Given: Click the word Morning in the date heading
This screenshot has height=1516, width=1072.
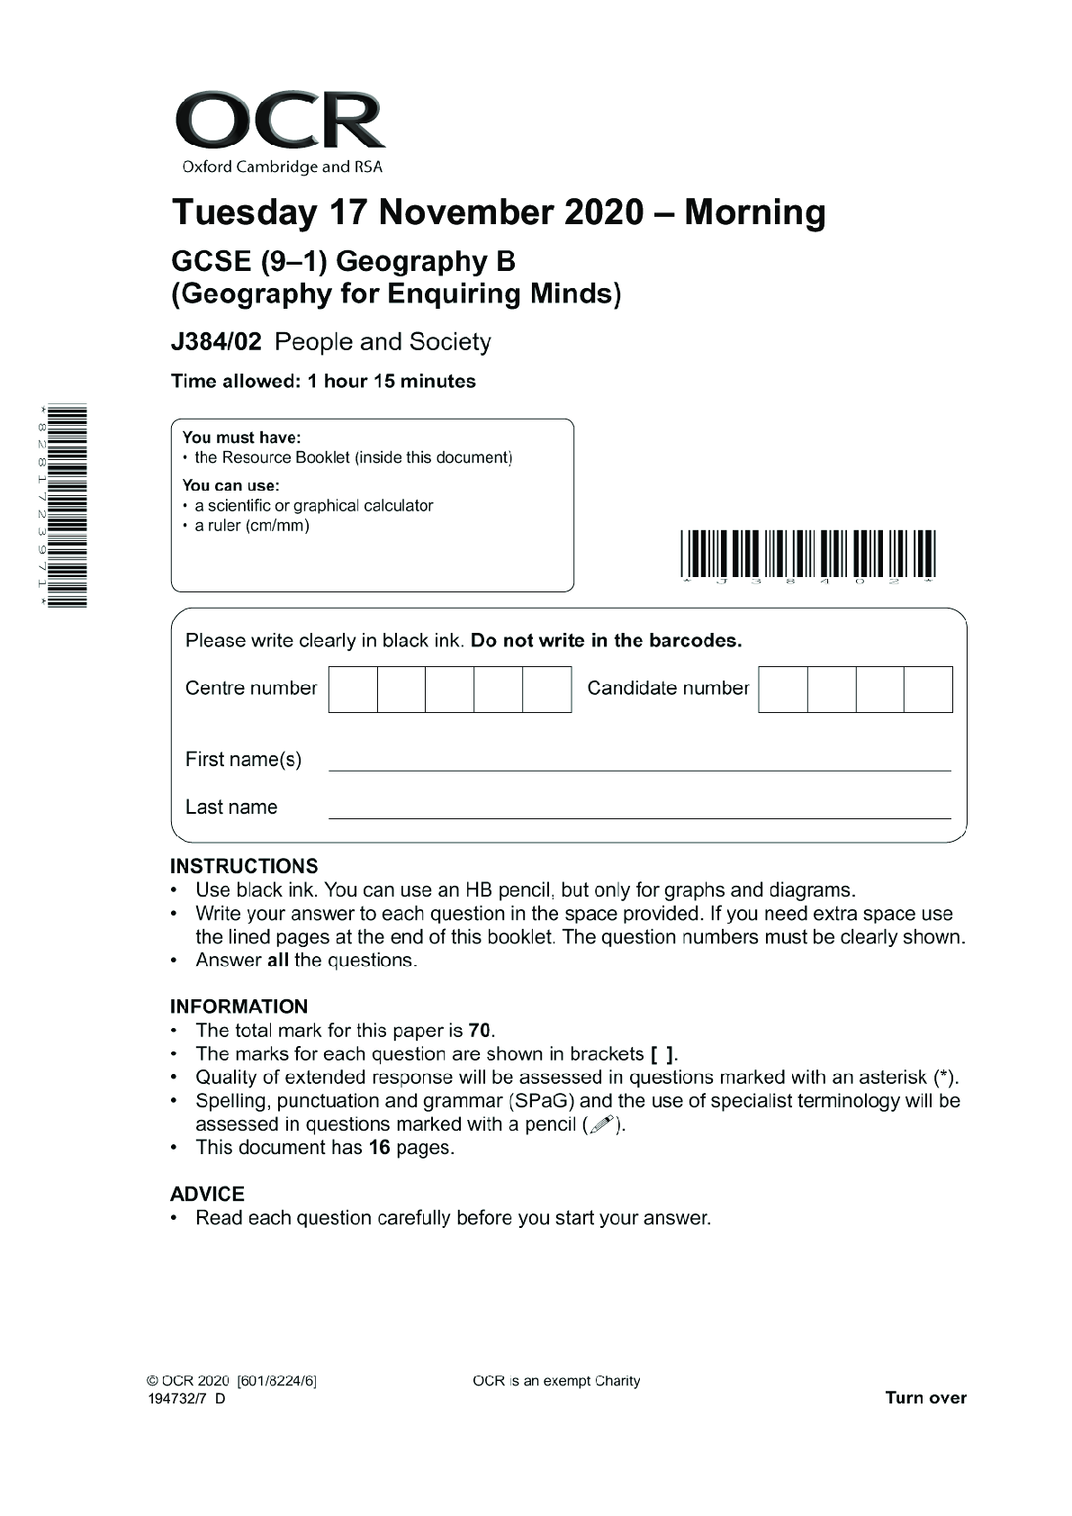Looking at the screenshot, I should (754, 212).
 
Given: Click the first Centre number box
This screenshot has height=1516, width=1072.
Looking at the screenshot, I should (353, 689).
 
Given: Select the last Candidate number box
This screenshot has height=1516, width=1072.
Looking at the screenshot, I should (928, 689).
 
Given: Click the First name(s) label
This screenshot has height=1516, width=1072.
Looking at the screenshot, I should (243, 759).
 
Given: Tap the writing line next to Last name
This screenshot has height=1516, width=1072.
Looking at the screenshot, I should (639, 816).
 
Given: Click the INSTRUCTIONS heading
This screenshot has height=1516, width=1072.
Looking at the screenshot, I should (243, 866).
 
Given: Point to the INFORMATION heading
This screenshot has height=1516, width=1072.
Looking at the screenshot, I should (239, 1006).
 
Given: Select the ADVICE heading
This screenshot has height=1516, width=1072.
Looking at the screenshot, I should (207, 1194).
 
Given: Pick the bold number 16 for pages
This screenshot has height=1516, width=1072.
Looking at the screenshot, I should (379, 1148).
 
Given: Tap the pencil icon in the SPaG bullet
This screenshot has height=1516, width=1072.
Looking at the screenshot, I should (602, 1124).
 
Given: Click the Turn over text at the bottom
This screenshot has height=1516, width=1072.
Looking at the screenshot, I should (925, 1398).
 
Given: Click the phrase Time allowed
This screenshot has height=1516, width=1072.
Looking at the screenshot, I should (234, 381).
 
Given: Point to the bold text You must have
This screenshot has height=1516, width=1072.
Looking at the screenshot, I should (241, 438).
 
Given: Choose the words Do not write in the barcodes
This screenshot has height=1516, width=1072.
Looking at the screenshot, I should (606, 641).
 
